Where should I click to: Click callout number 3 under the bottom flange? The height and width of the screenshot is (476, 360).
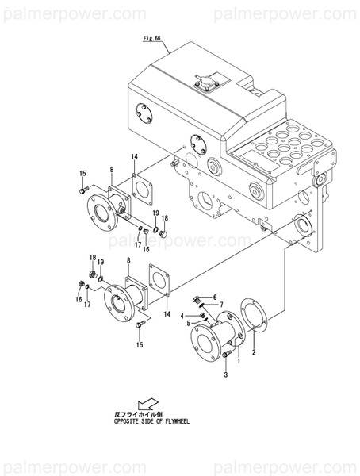coord(182,315)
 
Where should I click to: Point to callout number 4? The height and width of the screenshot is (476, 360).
coord(188,324)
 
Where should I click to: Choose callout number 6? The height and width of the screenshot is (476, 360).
coord(222,305)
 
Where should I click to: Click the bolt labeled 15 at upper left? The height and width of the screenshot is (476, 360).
coord(82,190)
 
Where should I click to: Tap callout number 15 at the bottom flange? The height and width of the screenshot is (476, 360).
coord(140,344)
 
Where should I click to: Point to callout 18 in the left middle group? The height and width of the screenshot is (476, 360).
coord(92,259)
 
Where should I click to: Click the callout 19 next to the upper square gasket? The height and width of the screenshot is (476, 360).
coord(156,213)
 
